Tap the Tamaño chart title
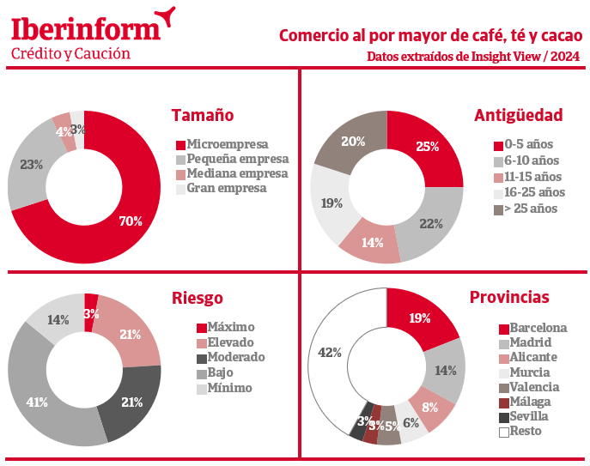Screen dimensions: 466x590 point(203,115)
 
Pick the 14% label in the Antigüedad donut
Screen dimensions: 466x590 point(372,243)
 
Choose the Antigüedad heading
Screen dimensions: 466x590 point(519,115)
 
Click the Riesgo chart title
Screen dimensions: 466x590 point(198,298)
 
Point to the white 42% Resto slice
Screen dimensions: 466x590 point(331,352)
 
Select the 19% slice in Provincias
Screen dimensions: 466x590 point(421,318)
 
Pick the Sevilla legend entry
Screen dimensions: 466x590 point(528,416)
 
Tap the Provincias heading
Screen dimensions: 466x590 point(509,298)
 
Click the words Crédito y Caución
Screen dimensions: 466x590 point(70,53)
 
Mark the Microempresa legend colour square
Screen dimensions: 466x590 point(180,144)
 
